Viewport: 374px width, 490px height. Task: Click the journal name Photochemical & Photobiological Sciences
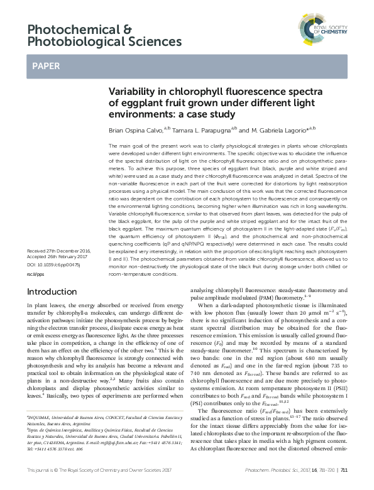pos(104,35)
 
